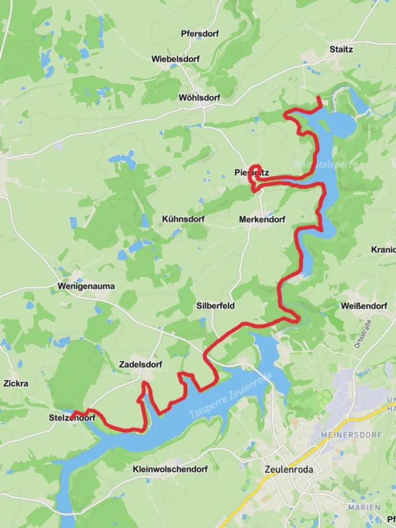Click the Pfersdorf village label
click(199, 34)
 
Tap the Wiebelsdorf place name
click(175, 59)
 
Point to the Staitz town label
click(341, 49)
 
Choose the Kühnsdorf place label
click(183, 220)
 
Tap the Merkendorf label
click(262, 220)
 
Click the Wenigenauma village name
click(86, 286)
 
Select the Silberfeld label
click(215, 306)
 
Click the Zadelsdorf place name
click(140, 365)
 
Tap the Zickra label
click(16, 383)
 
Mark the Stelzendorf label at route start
click(72, 418)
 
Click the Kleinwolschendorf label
click(170, 469)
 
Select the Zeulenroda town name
click(288, 470)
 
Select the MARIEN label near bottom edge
click(364, 507)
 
